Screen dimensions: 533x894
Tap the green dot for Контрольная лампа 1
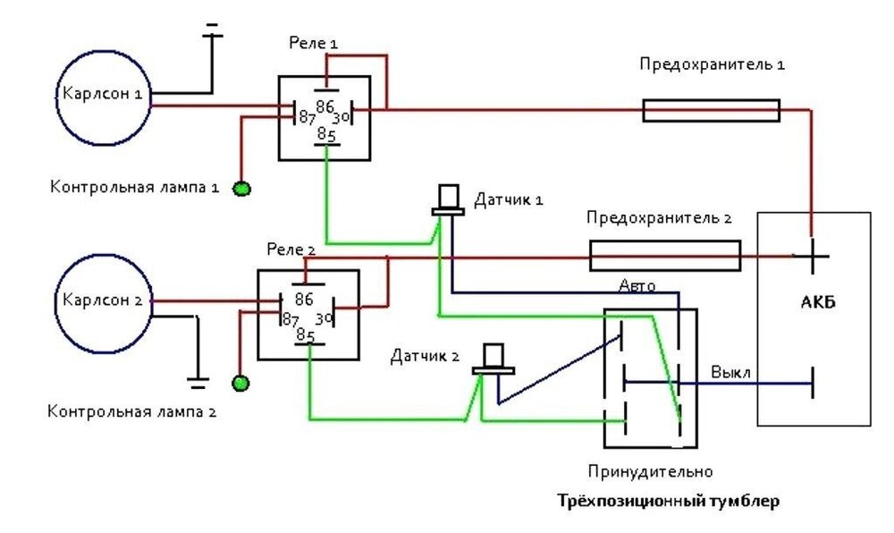[240, 188]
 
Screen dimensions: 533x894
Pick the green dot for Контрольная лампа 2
[240, 384]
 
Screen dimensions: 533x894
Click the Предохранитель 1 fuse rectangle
[711, 111]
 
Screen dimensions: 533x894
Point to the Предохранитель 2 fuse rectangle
[664, 255]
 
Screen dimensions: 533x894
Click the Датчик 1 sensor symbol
[448, 200]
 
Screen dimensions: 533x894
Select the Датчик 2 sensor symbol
[493, 359]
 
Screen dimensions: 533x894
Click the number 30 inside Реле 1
[341, 118]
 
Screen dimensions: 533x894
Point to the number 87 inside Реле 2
[290, 319]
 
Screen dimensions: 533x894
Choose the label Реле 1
[314, 43]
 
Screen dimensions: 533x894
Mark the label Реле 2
[291, 248]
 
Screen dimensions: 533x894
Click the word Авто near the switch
[637, 286]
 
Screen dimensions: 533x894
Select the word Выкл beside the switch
[730, 371]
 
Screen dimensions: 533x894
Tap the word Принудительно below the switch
[650, 470]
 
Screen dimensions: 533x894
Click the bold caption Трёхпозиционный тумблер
[668, 501]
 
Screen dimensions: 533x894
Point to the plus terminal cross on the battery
[812, 255]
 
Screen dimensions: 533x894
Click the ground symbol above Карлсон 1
[213, 36]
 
